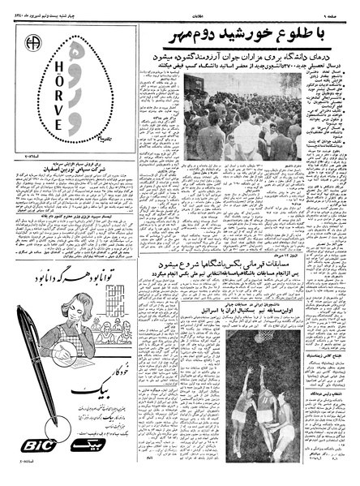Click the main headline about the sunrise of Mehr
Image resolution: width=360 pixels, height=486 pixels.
point(248,37)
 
